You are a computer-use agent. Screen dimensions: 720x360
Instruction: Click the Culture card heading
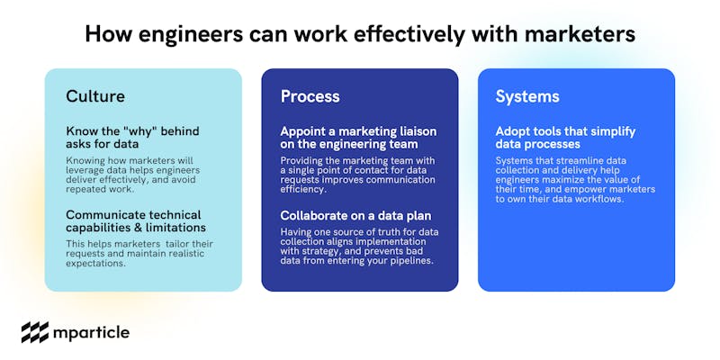click(x=95, y=96)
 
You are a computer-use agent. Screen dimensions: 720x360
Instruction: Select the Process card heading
click(x=310, y=96)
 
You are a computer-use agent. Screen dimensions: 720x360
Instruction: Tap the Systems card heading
click(x=527, y=97)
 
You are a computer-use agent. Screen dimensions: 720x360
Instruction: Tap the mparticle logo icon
click(x=35, y=332)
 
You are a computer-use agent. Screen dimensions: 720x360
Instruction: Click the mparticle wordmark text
click(x=92, y=333)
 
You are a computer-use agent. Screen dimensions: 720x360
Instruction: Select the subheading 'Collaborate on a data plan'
click(x=355, y=215)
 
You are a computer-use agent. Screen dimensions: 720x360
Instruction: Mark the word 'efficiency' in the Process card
click(x=301, y=189)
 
